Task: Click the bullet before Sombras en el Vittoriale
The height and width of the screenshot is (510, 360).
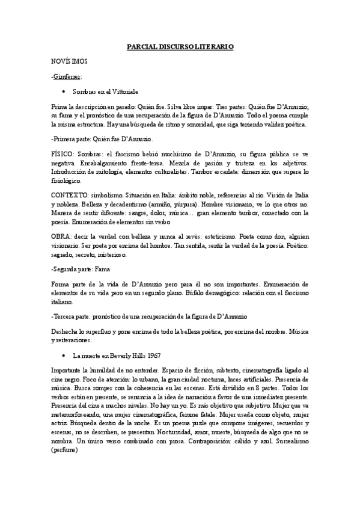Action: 63,92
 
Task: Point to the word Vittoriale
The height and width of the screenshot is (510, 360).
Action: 124,92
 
